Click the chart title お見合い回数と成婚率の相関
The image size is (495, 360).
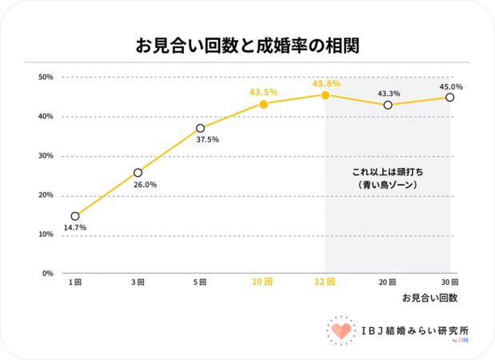[x=247, y=46]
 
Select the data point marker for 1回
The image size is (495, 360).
[x=75, y=216]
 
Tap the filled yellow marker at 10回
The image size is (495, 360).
[x=263, y=104]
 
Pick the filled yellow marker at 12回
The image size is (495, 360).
[x=325, y=95]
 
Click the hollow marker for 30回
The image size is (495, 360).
[x=450, y=98]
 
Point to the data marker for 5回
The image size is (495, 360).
[x=200, y=128]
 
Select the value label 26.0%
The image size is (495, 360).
[x=145, y=185]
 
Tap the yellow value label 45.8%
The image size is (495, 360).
[x=326, y=83]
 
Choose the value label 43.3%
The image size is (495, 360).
[x=387, y=93]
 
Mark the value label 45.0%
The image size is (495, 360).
[x=450, y=86]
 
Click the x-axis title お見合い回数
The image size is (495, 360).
[x=429, y=298]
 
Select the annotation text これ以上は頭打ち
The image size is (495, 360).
[x=388, y=172]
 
